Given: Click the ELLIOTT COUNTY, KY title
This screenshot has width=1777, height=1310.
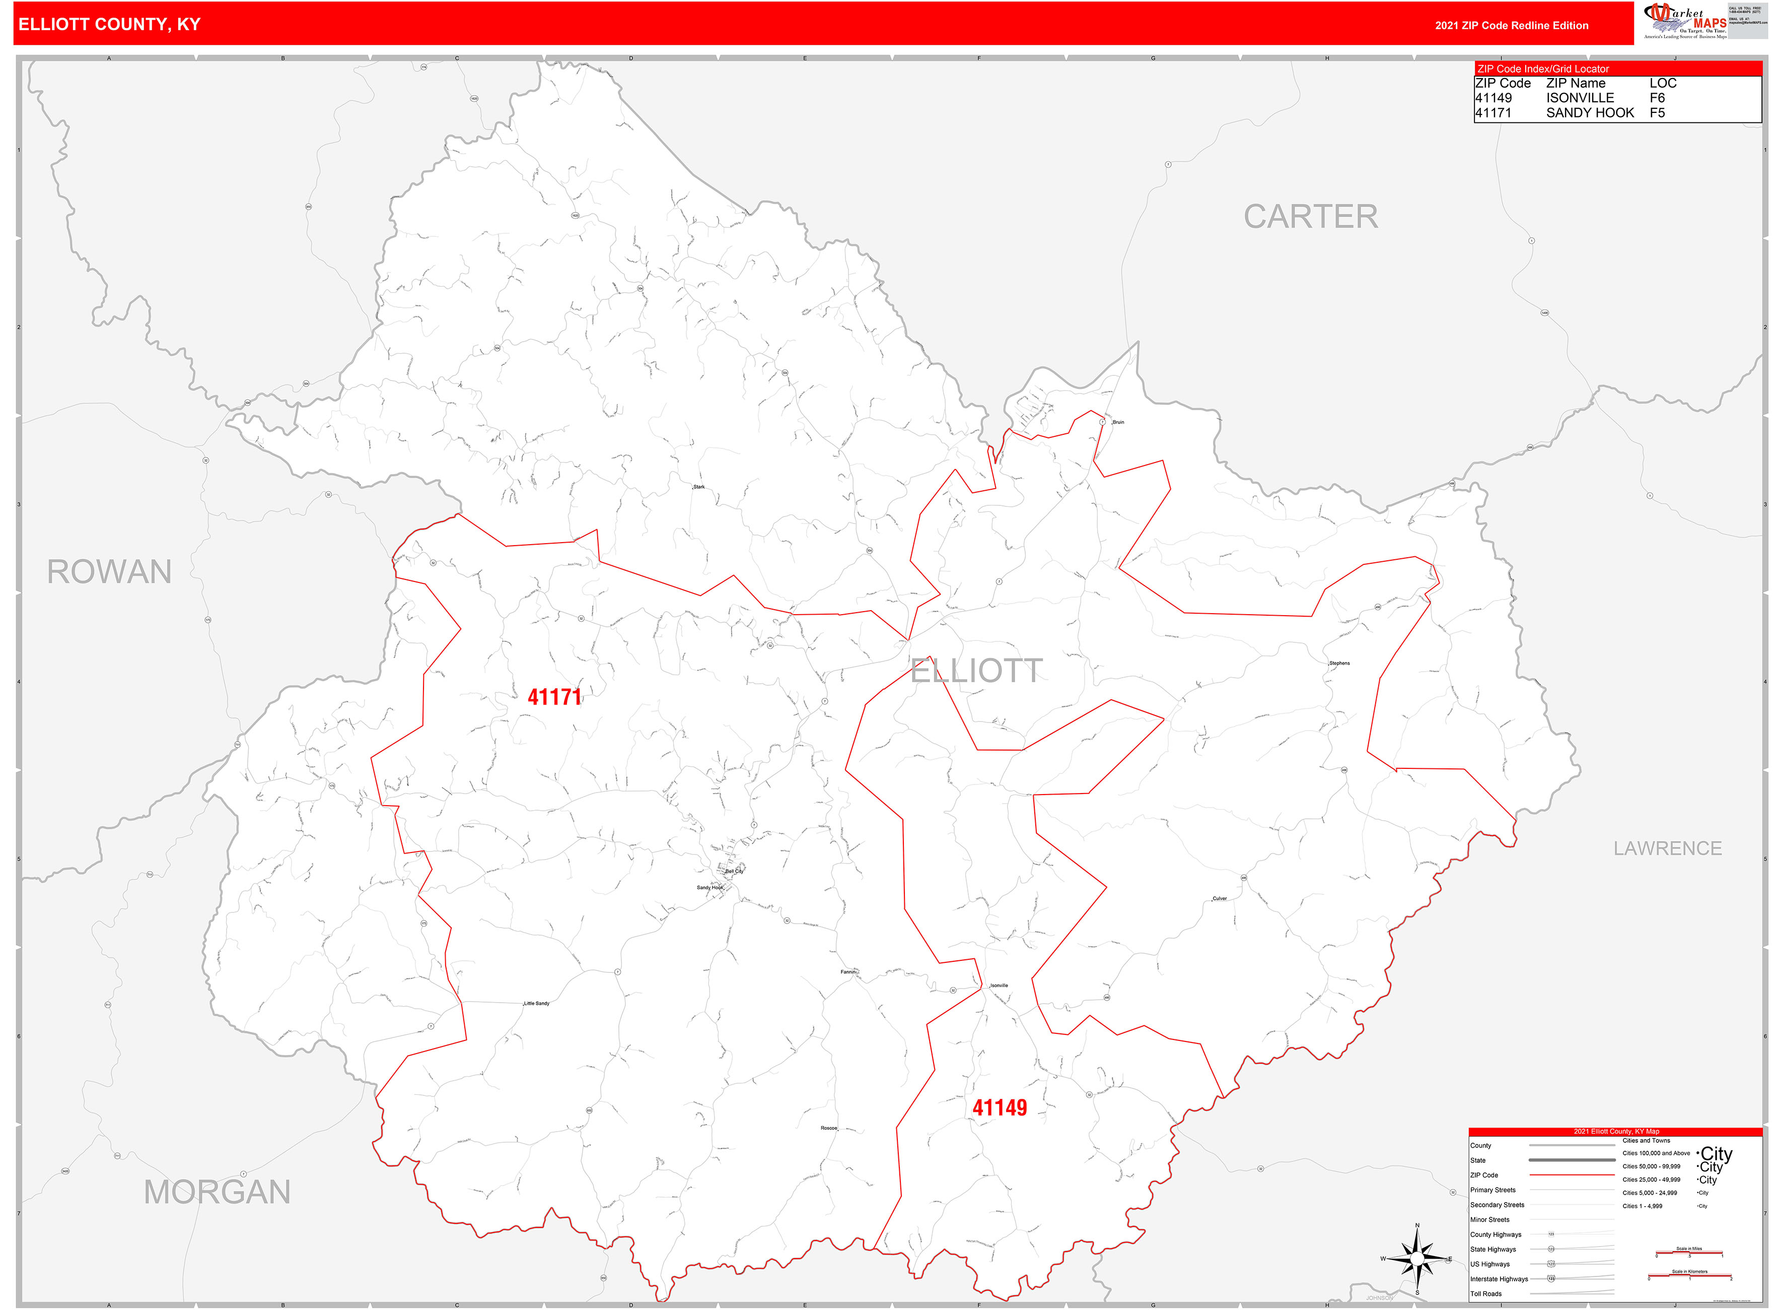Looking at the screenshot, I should coord(109,25).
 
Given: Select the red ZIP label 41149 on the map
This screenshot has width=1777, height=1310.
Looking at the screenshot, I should coord(1000,1108).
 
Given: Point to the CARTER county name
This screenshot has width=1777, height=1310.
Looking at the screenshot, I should coord(1310,217).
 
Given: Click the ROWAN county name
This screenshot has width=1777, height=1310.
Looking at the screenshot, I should coord(109,572).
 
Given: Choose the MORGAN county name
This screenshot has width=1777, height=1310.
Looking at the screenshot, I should coord(217,1192).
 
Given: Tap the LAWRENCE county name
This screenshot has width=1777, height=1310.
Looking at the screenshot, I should coord(1668,848).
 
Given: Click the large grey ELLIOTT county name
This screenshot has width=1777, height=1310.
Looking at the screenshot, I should coord(976,671).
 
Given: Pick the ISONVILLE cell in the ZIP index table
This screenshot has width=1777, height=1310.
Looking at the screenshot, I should coord(1580,98).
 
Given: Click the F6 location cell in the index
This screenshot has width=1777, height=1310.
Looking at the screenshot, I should coord(1657,98).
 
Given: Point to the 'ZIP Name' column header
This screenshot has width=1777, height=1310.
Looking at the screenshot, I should coord(1575,83).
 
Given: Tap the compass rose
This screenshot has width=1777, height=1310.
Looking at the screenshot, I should coord(1417,1259).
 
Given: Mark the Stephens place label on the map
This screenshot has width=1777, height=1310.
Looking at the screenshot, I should coord(1339,663).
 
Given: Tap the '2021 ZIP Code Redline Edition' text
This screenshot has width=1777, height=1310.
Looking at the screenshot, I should coord(1512,25).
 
